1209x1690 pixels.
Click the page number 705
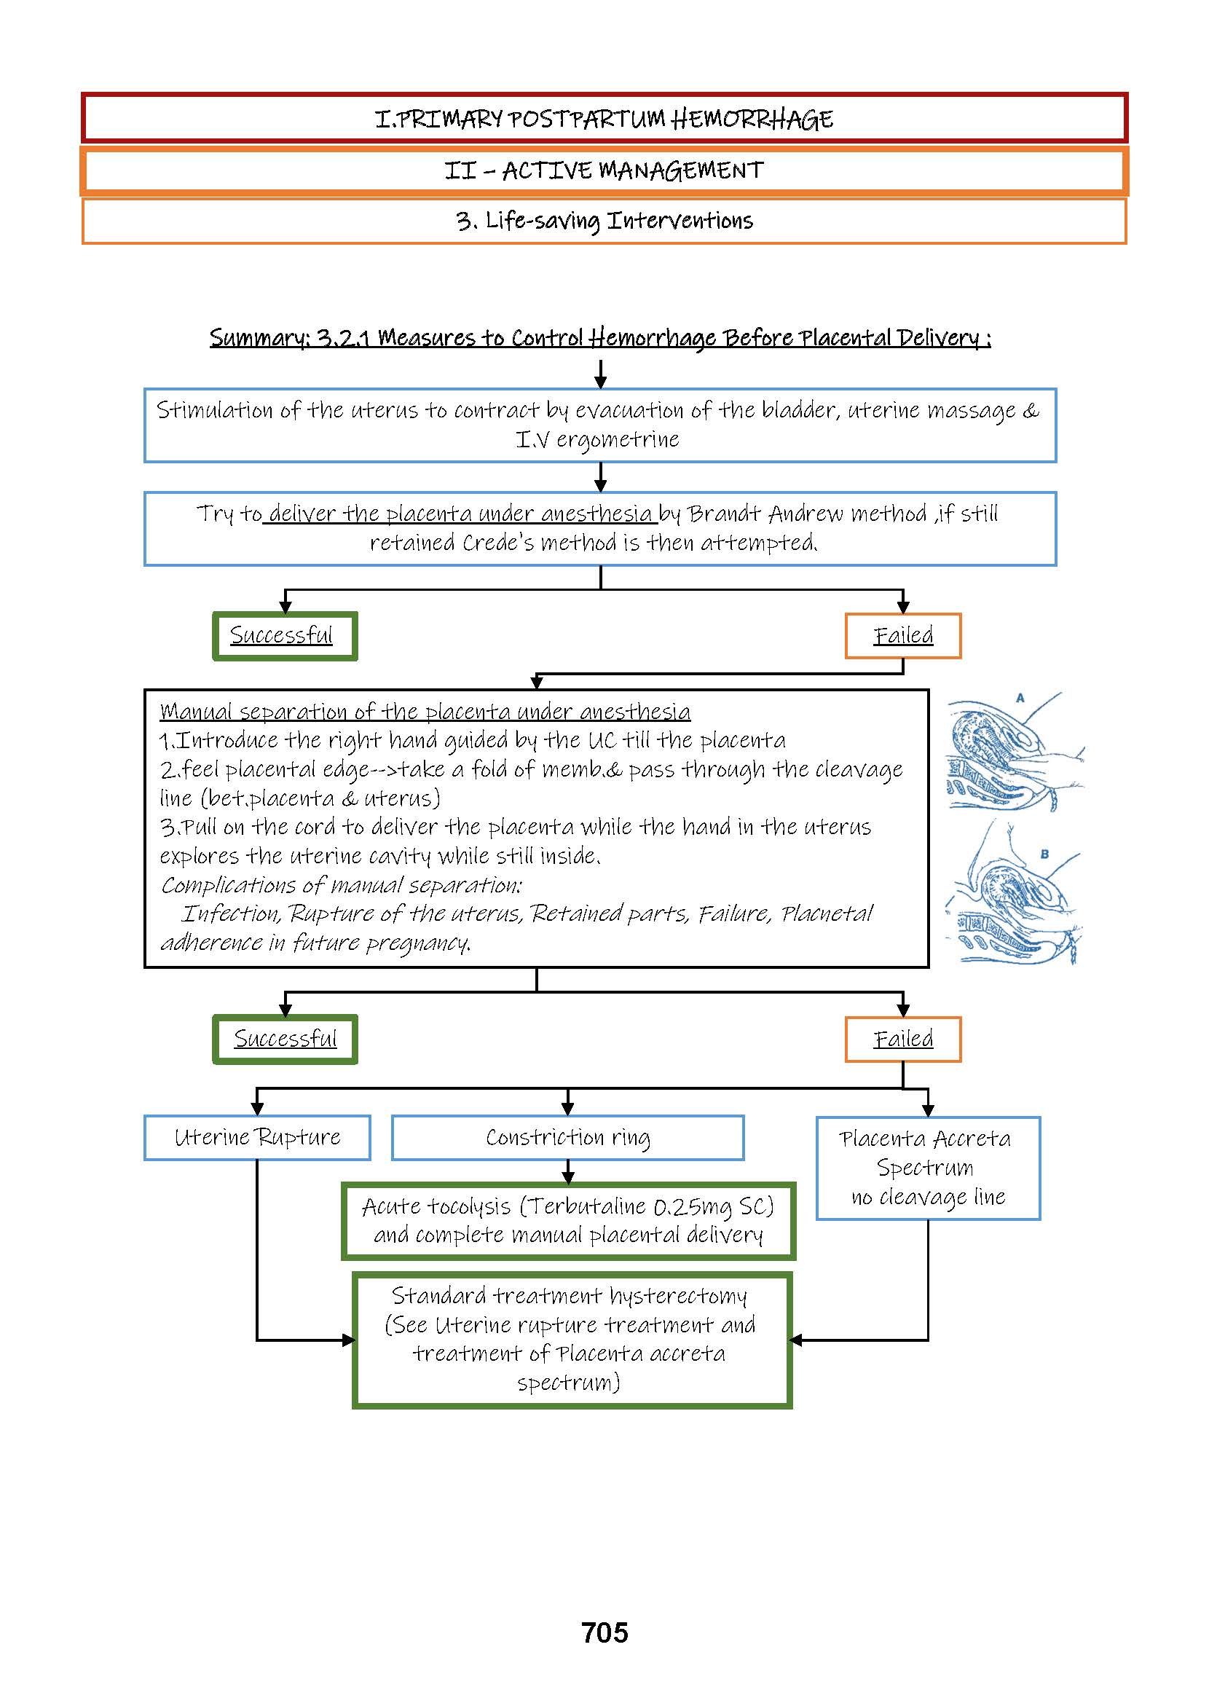[604, 1632]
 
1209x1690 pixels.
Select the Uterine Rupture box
[257, 1137]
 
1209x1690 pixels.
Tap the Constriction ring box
[567, 1137]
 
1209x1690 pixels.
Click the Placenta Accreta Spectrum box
[928, 1168]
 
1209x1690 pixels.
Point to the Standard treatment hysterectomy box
[571, 1340]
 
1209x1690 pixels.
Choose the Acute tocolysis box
[568, 1220]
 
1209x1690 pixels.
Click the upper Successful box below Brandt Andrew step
[284, 636]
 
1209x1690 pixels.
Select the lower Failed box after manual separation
[902, 1039]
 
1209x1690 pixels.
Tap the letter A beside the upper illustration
[1020, 698]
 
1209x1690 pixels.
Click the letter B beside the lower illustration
[1044, 854]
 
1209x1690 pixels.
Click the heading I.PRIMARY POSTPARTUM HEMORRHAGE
[604, 119]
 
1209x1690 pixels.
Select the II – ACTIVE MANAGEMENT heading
[604, 170]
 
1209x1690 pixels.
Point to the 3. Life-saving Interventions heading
[604, 221]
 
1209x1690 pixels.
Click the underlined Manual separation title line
[425, 711]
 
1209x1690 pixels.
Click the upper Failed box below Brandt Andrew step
[902, 636]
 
